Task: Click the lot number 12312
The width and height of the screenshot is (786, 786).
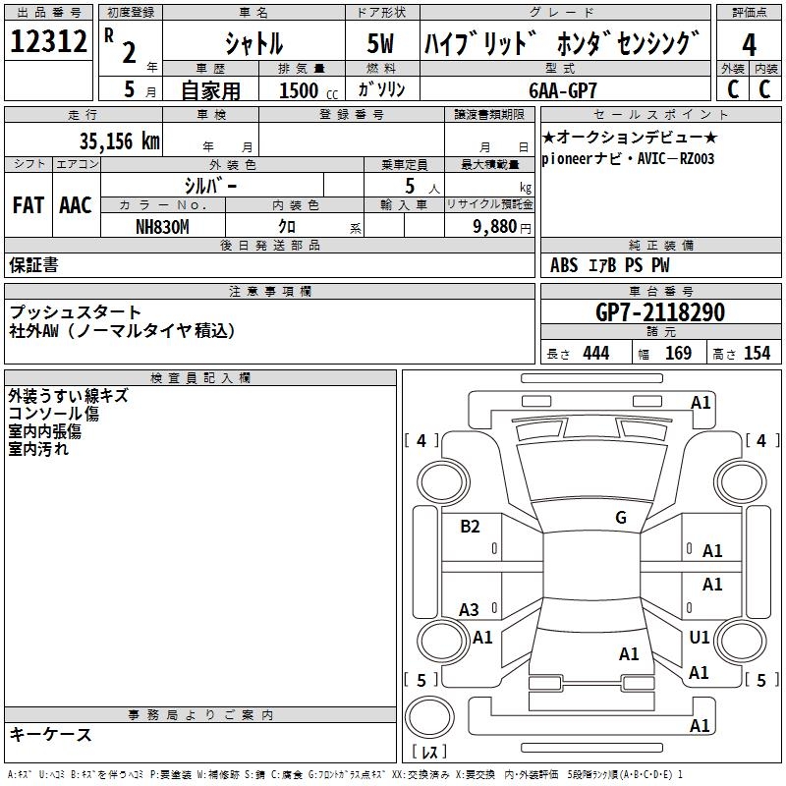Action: coord(48,42)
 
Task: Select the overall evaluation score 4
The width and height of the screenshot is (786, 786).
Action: coord(750,44)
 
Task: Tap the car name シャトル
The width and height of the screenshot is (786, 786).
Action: coord(253,44)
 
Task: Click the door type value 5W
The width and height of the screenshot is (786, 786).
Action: coord(381,44)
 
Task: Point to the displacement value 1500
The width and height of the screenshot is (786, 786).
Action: coord(299,90)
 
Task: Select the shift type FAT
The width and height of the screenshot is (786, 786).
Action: coord(28,204)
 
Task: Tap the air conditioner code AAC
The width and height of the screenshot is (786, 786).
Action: coord(76,204)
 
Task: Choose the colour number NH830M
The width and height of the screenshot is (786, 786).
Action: coord(162,226)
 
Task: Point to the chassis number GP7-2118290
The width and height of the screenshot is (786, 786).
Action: coord(660,312)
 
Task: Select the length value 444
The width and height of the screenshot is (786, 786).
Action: coord(595,354)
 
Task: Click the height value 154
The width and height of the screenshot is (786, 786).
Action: coord(757,354)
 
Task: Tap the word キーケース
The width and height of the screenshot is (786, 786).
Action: coord(51,734)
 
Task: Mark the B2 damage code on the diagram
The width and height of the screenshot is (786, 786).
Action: coord(471,527)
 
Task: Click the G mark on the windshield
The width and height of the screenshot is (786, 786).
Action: coord(621,518)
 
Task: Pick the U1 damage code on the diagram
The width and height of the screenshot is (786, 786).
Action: coord(700,638)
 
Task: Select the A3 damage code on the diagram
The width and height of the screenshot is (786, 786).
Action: coord(470,610)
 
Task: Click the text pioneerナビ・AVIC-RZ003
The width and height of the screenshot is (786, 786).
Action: coord(628,158)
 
